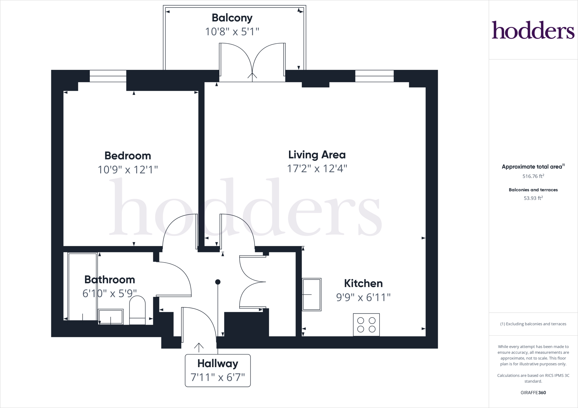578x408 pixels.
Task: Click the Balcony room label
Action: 232,18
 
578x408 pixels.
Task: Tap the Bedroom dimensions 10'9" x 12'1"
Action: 128,170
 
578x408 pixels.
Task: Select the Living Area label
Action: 317,155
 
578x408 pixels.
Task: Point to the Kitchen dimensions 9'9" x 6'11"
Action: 363,297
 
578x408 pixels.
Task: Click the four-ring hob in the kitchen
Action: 366,325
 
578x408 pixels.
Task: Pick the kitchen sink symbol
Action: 312,294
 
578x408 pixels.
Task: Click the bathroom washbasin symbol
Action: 111,317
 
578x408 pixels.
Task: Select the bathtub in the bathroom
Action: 82,287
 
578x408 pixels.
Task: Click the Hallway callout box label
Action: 218,363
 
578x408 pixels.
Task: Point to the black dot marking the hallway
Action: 218,282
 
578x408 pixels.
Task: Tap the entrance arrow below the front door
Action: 199,347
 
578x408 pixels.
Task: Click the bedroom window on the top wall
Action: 108,76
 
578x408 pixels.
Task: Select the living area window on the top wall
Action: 374,76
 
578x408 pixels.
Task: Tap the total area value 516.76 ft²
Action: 533,176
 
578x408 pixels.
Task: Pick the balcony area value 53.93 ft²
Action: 533,198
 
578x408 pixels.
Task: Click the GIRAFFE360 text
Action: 533,393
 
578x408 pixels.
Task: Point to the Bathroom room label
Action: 110,280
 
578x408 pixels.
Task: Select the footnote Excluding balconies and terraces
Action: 533,324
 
